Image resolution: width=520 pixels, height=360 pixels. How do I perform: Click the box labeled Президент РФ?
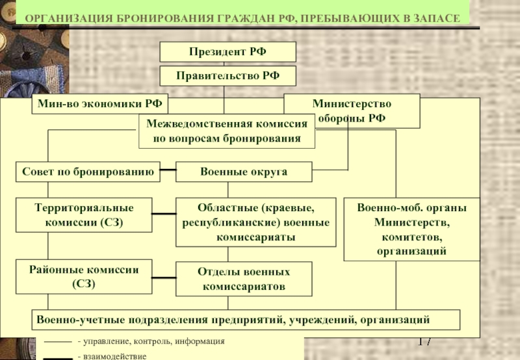pos(228,52)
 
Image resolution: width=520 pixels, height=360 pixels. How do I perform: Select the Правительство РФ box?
pos(228,76)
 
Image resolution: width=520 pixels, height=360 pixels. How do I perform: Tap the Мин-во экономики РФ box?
pos(100,104)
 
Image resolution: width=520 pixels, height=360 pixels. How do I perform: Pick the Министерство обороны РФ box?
pos(352,111)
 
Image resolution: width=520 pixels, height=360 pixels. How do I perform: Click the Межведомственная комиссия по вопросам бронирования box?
pos(227,131)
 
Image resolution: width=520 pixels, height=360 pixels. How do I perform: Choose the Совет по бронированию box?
pos(88,172)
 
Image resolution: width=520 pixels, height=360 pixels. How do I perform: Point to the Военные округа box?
pos(244,172)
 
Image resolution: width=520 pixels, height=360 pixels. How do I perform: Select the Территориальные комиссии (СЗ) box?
pos(84,215)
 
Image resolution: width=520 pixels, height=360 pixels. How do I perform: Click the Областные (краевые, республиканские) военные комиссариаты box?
pos(255,222)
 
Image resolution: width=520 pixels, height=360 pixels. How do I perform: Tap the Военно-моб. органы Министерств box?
pos(412,229)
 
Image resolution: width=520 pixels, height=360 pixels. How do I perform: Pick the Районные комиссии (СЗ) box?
pos(84,277)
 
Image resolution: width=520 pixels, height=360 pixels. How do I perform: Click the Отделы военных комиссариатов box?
pos(244,279)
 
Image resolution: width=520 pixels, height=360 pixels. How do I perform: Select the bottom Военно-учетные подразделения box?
pos(246,320)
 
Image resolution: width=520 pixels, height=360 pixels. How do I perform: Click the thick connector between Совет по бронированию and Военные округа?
pos(168,170)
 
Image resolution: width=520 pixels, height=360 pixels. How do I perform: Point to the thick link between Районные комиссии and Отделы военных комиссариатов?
pos(164,277)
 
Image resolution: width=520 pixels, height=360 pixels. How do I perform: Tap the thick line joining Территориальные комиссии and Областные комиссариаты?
pos(164,214)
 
